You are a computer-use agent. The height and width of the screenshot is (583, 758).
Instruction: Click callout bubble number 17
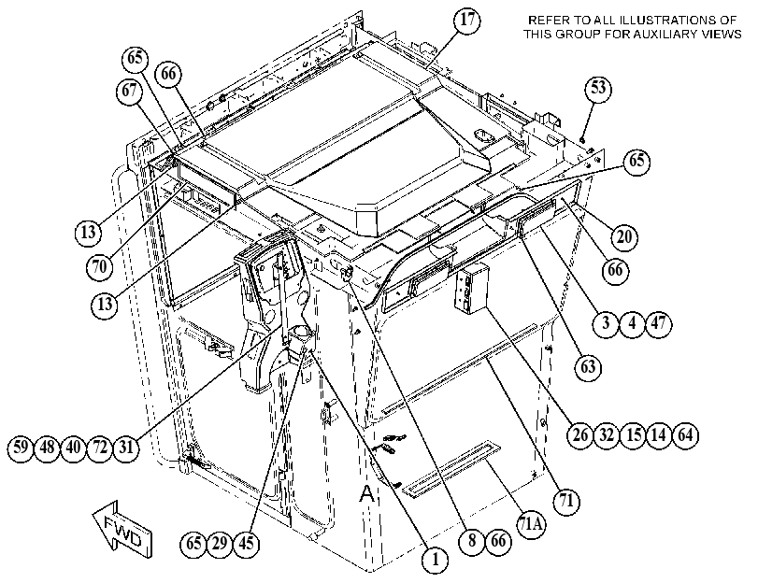467,21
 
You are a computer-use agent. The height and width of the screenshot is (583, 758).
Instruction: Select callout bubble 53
598,89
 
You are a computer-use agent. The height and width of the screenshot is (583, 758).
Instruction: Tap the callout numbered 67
129,91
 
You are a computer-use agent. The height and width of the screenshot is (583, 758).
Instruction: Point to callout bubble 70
100,266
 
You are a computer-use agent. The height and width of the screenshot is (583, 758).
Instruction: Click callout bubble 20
624,238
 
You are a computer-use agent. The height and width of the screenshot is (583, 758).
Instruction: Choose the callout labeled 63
588,367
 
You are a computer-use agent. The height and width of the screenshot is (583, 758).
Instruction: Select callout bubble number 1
435,561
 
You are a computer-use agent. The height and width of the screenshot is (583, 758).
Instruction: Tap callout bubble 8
472,541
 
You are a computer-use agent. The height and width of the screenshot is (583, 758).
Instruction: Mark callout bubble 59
21,448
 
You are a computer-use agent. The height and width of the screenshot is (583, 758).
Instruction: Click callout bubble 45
247,544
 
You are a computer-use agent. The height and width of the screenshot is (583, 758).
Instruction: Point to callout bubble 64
685,435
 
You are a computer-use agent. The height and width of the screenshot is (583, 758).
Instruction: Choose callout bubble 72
100,448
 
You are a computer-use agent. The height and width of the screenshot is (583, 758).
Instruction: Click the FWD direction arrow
122,526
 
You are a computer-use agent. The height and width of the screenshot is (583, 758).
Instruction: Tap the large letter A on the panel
367,493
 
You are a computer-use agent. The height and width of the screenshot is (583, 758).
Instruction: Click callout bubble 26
580,435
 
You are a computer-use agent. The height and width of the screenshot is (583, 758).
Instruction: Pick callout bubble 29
220,544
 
